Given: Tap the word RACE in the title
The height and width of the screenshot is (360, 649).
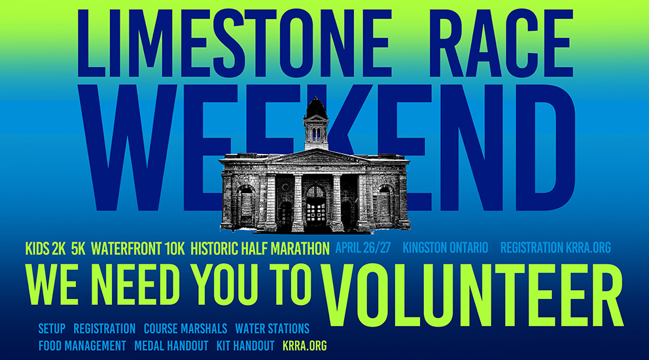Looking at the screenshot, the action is (x=502, y=43).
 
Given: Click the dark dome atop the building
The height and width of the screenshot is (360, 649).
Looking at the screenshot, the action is (x=316, y=108).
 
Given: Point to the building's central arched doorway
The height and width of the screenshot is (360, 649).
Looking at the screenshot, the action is (x=315, y=206).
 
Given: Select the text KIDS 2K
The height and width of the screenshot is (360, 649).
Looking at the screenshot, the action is (x=46, y=249).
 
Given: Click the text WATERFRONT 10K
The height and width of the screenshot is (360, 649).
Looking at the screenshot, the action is (x=138, y=249).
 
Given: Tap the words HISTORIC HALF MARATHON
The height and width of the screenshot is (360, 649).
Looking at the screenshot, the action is (x=260, y=249).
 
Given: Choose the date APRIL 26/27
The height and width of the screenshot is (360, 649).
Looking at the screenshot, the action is (x=363, y=247).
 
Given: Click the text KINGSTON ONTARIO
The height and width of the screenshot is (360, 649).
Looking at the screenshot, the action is (x=446, y=247).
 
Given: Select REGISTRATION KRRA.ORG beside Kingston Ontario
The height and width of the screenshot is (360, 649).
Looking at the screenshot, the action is (x=555, y=247).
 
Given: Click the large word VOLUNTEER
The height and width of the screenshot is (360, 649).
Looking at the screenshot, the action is (x=472, y=295).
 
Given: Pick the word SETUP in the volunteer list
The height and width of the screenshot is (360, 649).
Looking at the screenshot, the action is (x=52, y=329).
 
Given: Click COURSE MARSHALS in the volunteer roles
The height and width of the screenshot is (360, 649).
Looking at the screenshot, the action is (x=185, y=329).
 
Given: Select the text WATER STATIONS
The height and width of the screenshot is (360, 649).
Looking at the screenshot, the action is (x=272, y=329).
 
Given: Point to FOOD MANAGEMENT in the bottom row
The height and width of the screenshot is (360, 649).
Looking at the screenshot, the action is (x=82, y=346).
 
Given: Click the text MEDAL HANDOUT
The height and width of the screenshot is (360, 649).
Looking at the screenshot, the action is (x=171, y=346).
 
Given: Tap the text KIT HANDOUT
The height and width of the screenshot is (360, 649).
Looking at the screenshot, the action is (x=245, y=346).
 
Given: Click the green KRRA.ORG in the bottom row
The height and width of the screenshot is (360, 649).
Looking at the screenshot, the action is (x=305, y=346).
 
